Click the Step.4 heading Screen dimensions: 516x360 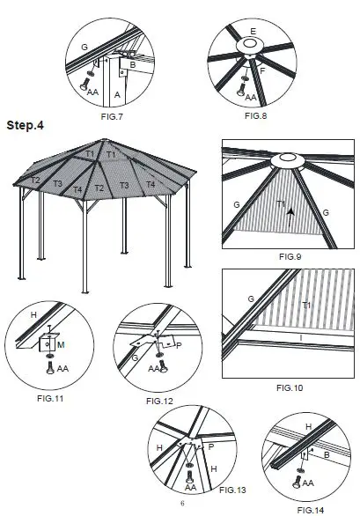(26, 125)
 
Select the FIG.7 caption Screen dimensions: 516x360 (111, 115)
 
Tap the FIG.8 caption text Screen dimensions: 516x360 (255, 115)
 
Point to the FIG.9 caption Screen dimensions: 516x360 (290, 255)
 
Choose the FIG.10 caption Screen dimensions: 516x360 (289, 387)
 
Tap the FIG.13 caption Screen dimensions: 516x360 (232, 488)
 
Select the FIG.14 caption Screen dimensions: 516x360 (312, 508)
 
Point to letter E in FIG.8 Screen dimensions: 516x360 (253, 32)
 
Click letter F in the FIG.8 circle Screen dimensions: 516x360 (261, 68)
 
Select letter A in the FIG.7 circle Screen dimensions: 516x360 (117, 92)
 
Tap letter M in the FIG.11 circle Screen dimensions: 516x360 (61, 344)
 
